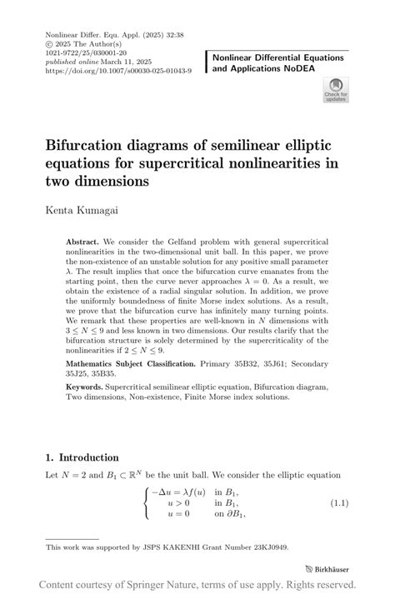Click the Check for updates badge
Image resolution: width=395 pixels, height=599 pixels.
click(x=336, y=89)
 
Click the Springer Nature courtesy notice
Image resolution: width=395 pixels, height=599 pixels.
click(x=197, y=584)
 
